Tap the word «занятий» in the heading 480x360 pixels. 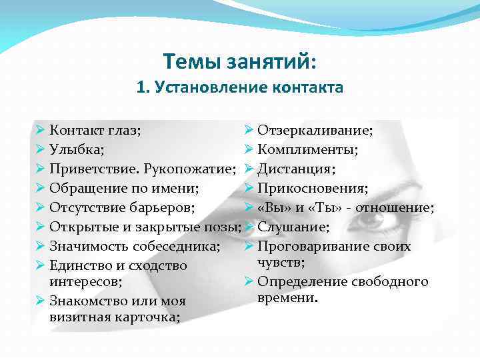point(269,62)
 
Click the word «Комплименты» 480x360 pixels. point(307,149)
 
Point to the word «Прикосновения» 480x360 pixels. point(311,188)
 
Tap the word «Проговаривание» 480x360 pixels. point(312,246)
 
